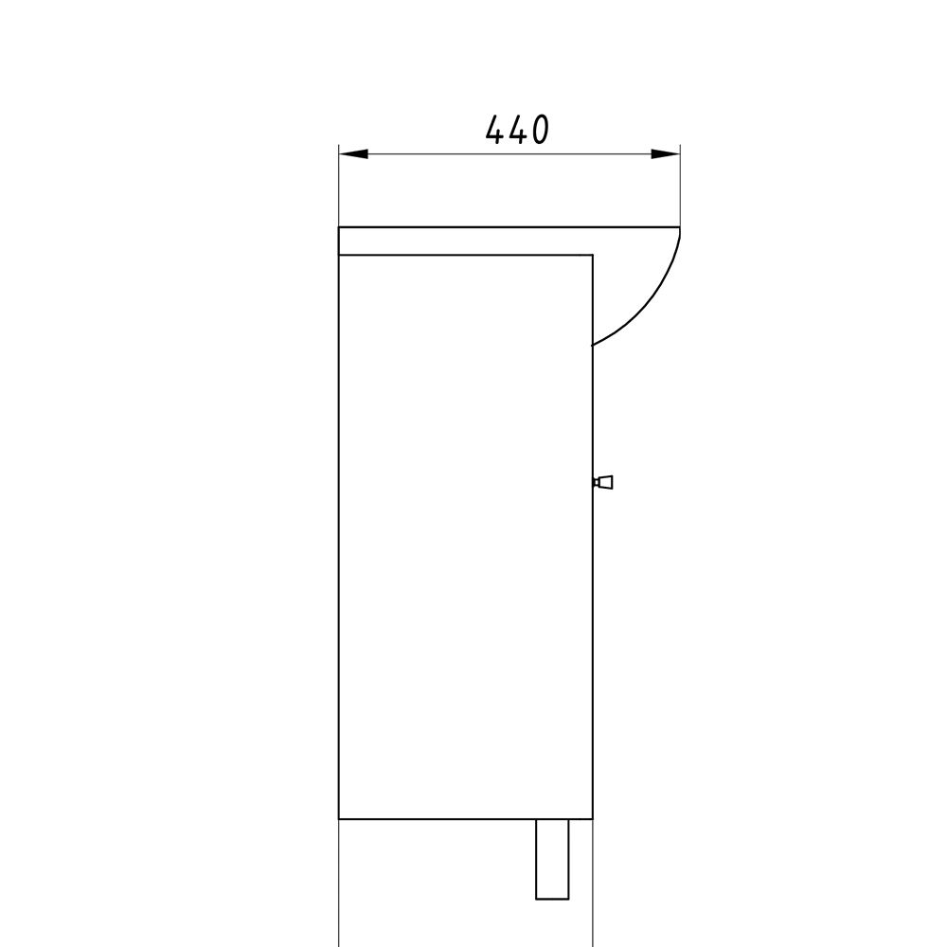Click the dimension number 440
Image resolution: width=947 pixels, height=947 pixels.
pos(518,129)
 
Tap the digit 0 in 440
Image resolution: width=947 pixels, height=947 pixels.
pos(540,129)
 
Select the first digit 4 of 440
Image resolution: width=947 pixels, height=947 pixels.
pos(495,129)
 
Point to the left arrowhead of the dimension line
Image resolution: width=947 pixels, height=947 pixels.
pos(353,154)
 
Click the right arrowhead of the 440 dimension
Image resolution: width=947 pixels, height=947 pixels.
pos(666,154)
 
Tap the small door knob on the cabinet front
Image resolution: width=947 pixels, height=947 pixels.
pos(602,482)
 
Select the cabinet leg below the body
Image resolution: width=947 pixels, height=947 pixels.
pos(552,859)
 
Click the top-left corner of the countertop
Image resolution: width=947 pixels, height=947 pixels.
pos(339,227)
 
